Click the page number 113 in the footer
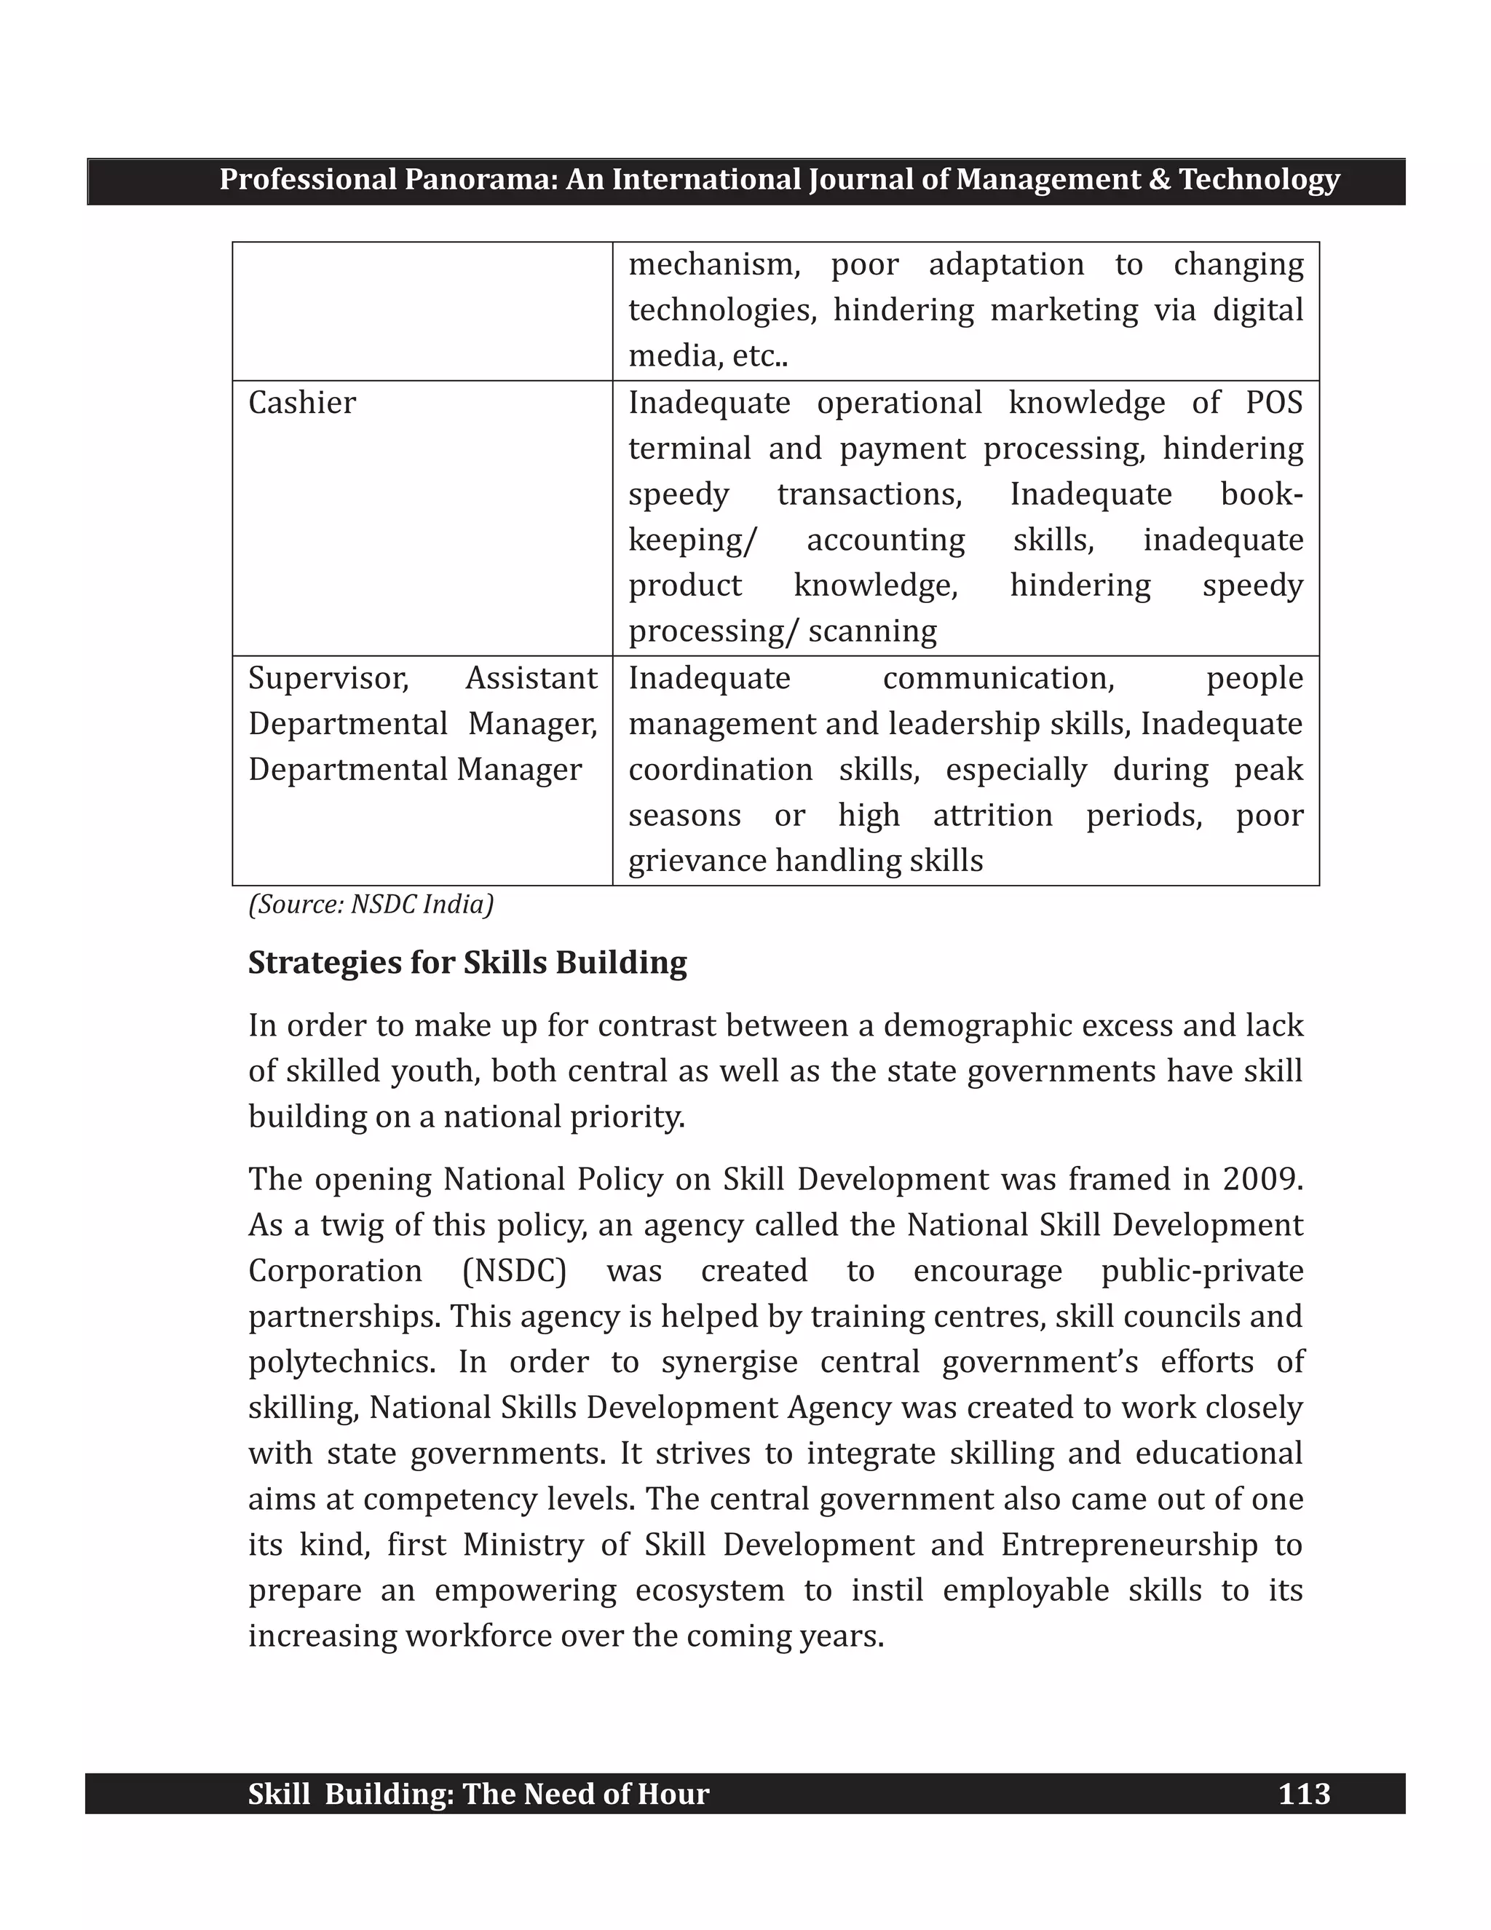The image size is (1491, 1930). point(1304,1794)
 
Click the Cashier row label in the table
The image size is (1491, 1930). point(302,403)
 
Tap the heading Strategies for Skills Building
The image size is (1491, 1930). point(467,962)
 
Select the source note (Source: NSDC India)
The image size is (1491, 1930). point(371,905)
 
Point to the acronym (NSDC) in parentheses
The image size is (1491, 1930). point(514,1271)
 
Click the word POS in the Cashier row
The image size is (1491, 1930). point(1274,403)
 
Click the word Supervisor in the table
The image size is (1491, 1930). point(328,679)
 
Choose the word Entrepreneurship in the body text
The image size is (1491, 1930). point(1129,1545)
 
